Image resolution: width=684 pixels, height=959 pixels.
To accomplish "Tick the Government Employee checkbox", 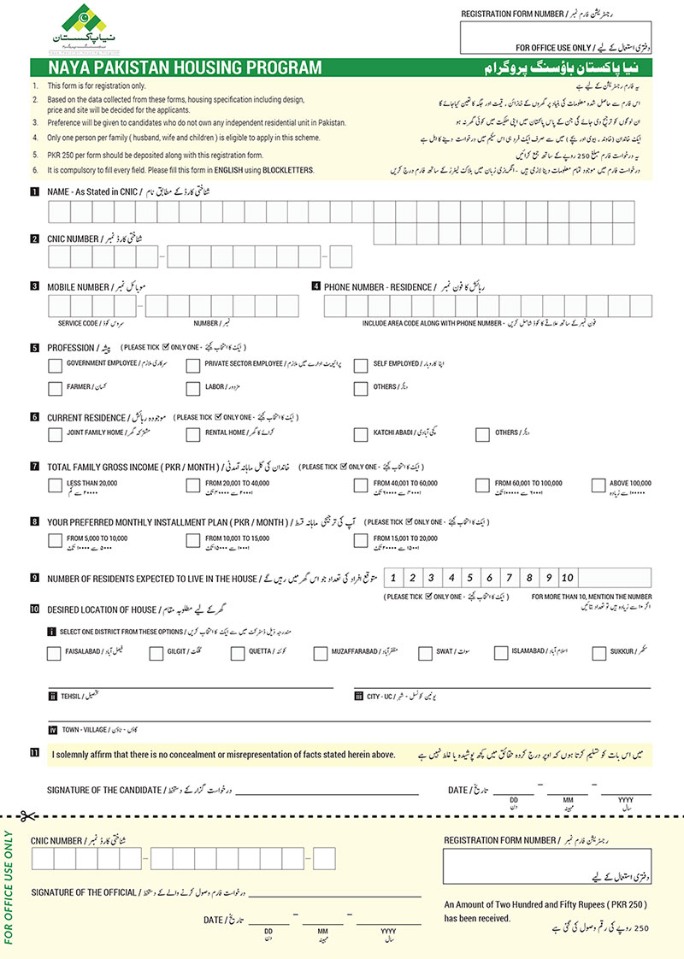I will pyautogui.click(x=56, y=365).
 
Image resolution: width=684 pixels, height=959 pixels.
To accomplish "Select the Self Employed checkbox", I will pyautogui.click(x=360, y=365).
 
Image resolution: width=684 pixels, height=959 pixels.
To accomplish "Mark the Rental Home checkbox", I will pyautogui.click(x=192, y=434).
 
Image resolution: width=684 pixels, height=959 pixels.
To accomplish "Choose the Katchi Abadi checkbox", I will pyautogui.click(x=360, y=434).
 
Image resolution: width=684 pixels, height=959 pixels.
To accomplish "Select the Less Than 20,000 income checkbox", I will pyautogui.click(x=56, y=485).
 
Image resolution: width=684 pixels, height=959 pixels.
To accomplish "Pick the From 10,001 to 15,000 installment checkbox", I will pyautogui.click(x=192, y=539).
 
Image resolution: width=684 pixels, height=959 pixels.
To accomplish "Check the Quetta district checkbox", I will pyautogui.click(x=237, y=654).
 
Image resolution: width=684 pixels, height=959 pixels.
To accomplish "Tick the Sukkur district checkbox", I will pyautogui.click(x=598, y=654).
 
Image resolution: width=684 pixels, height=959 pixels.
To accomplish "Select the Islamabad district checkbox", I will pyautogui.click(x=501, y=654).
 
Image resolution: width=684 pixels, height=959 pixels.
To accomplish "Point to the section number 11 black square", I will pyautogui.click(x=33, y=753).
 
